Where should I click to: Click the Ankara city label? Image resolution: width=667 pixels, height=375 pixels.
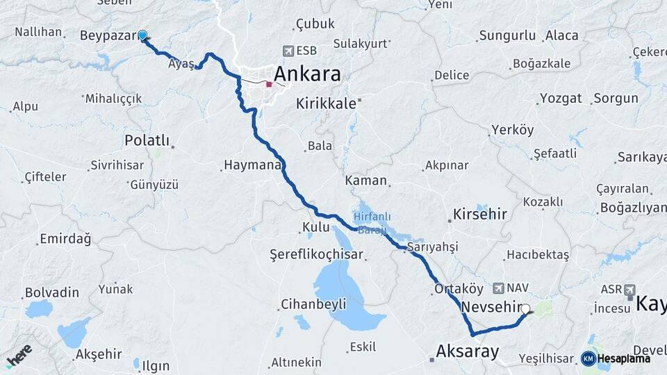pos(307,74)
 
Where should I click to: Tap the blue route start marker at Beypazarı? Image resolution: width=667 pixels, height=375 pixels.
pos(142,35)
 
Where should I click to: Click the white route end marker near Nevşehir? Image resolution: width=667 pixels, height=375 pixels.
pos(526,310)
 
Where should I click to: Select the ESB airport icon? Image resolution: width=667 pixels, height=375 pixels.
pos(289,51)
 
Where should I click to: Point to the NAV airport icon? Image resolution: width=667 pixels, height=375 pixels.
pos(498,287)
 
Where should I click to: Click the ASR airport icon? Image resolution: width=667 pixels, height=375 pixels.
pos(629,290)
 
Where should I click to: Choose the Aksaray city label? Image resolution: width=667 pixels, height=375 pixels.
pos(467,351)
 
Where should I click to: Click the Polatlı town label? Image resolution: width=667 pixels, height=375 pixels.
pos(147,140)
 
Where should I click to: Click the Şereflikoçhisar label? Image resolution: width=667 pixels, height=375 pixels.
pos(317,255)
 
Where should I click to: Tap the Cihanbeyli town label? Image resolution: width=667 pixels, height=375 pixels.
pos(313,303)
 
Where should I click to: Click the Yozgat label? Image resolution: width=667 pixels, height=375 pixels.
pos(561,98)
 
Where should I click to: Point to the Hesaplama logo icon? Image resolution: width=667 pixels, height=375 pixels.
pos(588,358)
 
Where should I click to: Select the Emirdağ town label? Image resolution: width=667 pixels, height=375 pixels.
pos(65,239)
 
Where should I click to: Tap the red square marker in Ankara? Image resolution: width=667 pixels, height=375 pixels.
pos(269,84)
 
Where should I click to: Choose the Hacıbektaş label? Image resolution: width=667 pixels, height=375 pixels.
pos(538,255)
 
